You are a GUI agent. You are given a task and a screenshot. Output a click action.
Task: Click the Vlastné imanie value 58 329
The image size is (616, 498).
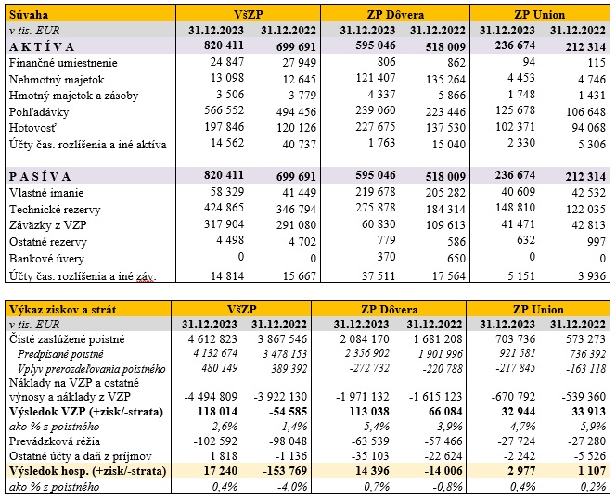[x=222, y=192]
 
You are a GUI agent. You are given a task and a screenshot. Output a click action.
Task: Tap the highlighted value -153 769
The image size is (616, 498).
[x=284, y=472]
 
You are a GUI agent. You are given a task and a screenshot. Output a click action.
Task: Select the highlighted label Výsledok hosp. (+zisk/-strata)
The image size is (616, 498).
[x=88, y=472]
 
